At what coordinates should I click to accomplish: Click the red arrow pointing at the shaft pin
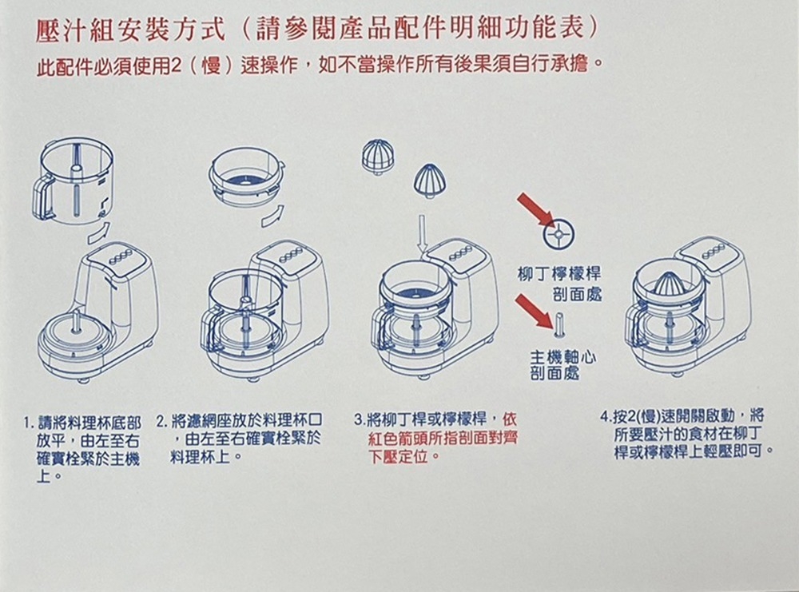(534, 312)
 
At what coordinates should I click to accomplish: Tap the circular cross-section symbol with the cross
(559, 234)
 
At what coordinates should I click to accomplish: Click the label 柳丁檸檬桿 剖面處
(560, 284)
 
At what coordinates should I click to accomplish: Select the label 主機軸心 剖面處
(562, 365)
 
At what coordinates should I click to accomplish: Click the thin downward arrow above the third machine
(423, 235)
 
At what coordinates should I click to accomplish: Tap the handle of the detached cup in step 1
(42, 196)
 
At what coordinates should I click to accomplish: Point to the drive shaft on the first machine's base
(76, 322)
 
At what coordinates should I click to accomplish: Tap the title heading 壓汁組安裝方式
(130, 29)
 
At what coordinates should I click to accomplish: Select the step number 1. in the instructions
(29, 423)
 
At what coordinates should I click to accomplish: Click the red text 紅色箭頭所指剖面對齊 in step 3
(443, 438)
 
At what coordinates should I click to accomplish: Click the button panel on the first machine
(121, 256)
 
